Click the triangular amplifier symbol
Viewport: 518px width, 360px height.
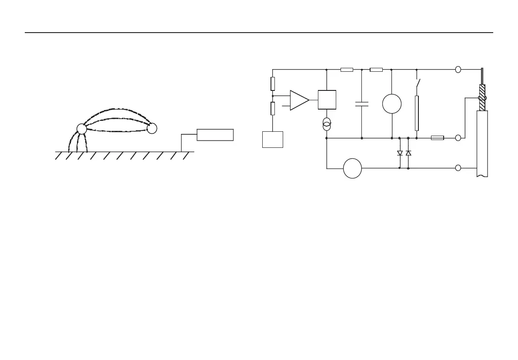[299, 100]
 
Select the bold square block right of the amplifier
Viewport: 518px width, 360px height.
[327, 100]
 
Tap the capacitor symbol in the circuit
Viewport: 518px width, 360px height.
[361, 104]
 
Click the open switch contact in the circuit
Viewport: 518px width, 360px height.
[418, 83]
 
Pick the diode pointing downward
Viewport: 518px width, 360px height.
[400, 153]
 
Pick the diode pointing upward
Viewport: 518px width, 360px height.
[408, 153]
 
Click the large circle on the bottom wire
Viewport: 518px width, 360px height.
[352, 168]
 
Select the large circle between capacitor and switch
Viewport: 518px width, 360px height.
[392, 104]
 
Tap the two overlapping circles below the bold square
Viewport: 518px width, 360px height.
[327, 124]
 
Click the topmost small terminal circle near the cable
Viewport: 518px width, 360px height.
[458, 70]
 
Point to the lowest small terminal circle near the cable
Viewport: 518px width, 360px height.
[458, 168]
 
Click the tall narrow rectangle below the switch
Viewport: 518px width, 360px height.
[417, 113]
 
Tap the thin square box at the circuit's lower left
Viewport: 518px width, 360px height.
[273, 139]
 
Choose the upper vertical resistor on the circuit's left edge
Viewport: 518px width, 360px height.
[273, 83]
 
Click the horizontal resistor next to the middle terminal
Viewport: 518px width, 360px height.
[437, 138]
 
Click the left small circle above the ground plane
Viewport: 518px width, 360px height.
[81, 129]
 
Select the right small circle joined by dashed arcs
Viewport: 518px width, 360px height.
[152, 128]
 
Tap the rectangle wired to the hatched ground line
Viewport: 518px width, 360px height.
[215, 135]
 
